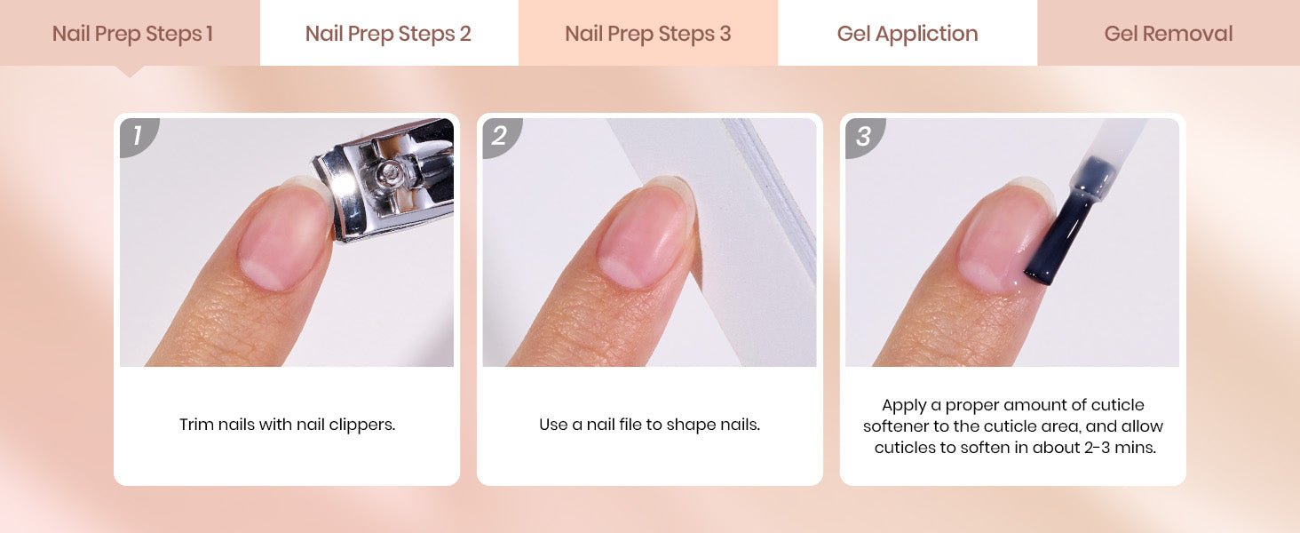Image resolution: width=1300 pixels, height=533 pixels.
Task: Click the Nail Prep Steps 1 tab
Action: [x=130, y=33]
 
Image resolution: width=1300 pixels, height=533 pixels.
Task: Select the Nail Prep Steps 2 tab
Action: [x=389, y=33]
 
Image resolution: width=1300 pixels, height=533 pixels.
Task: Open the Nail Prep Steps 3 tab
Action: [x=648, y=33]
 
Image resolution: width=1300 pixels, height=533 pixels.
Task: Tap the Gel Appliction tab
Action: [x=908, y=33]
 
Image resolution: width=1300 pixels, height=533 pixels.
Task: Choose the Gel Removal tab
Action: [x=1169, y=33]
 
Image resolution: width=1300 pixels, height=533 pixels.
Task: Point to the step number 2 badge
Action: [x=501, y=137]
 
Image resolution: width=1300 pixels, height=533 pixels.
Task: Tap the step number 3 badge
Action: [x=864, y=137]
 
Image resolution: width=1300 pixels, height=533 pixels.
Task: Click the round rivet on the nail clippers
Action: [x=389, y=171]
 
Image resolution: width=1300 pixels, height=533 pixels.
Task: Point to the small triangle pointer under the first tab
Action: [x=130, y=71]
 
